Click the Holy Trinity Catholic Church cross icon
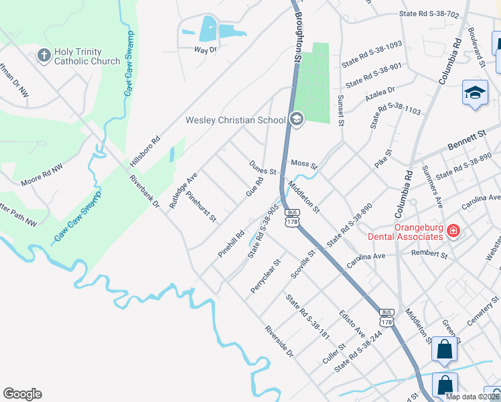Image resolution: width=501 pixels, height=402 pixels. click(x=44, y=55)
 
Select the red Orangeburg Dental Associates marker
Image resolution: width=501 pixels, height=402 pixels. click(x=453, y=232)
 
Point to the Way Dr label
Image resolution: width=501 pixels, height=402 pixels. click(x=206, y=50)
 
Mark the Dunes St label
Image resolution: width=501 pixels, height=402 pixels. click(x=263, y=167)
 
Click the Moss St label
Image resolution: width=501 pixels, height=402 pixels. click(x=303, y=163)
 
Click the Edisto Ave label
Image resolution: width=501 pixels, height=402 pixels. click(x=352, y=324)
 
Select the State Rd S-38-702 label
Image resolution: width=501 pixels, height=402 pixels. click(x=428, y=13)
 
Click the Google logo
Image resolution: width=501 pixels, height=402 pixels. click(x=22, y=394)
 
